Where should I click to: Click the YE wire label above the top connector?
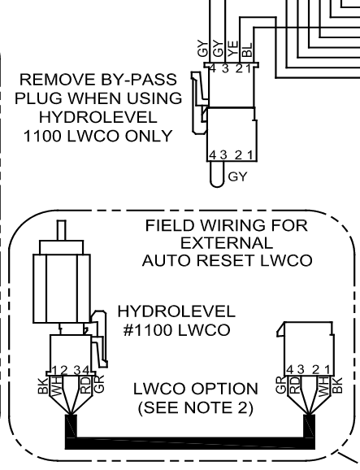pyautogui.click(x=233, y=49)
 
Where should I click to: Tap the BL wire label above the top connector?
pyautogui.click(x=247, y=50)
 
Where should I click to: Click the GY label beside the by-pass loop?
pyautogui.click(x=238, y=176)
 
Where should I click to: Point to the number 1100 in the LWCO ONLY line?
pyautogui.click(x=42, y=137)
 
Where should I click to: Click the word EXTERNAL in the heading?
pyautogui.click(x=227, y=243)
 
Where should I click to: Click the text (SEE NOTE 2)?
pyautogui.click(x=196, y=407)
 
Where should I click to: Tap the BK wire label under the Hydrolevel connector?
pyautogui.click(x=42, y=385)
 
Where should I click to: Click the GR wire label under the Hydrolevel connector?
pyautogui.click(x=98, y=384)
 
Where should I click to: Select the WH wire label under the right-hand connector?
pyautogui.click(x=323, y=386)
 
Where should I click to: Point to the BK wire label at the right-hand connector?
pyautogui.click(x=337, y=385)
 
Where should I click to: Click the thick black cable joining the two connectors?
pyautogui.click(x=190, y=443)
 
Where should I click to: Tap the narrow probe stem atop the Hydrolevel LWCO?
pyautogui.click(x=62, y=230)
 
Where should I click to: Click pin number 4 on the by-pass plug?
pyautogui.click(x=213, y=155)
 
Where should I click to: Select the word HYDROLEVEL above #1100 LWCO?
pyautogui.click(x=176, y=311)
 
